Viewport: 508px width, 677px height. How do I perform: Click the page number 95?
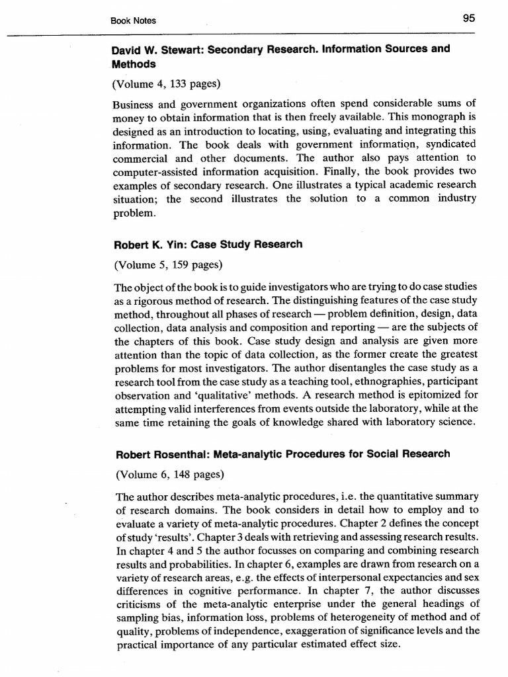(468, 19)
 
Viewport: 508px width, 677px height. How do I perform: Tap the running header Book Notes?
(134, 20)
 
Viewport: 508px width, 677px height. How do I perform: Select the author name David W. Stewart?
(153, 49)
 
